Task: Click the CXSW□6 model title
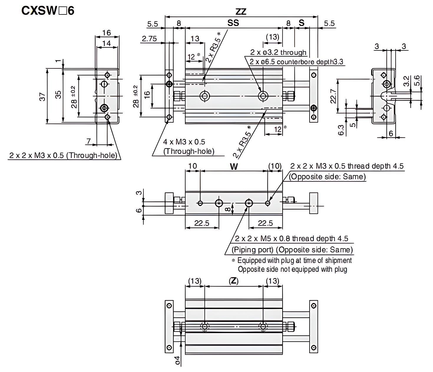[x=48, y=11]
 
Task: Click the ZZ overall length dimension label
[x=241, y=12]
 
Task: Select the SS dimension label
[x=233, y=23]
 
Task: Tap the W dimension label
[x=234, y=167]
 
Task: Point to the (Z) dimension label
[x=234, y=281]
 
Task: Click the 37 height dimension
[x=43, y=96]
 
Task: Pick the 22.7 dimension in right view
[x=333, y=96]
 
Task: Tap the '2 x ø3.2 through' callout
[x=278, y=52]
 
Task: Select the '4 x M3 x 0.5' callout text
[x=184, y=142]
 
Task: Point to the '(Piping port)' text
[x=252, y=250]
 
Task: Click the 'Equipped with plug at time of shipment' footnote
[x=294, y=261]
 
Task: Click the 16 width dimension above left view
[x=107, y=32]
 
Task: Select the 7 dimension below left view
[x=89, y=141]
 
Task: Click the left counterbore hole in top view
[x=204, y=96]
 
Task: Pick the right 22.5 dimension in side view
[x=265, y=223]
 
